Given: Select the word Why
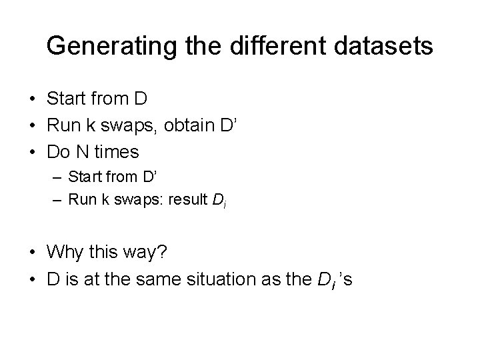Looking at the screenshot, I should click(66, 252).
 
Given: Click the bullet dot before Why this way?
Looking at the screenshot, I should click(32, 253).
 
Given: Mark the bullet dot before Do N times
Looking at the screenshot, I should click(32, 153).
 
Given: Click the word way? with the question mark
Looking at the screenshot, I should click(151, 253).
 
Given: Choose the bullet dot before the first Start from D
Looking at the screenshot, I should click(32, 99).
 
